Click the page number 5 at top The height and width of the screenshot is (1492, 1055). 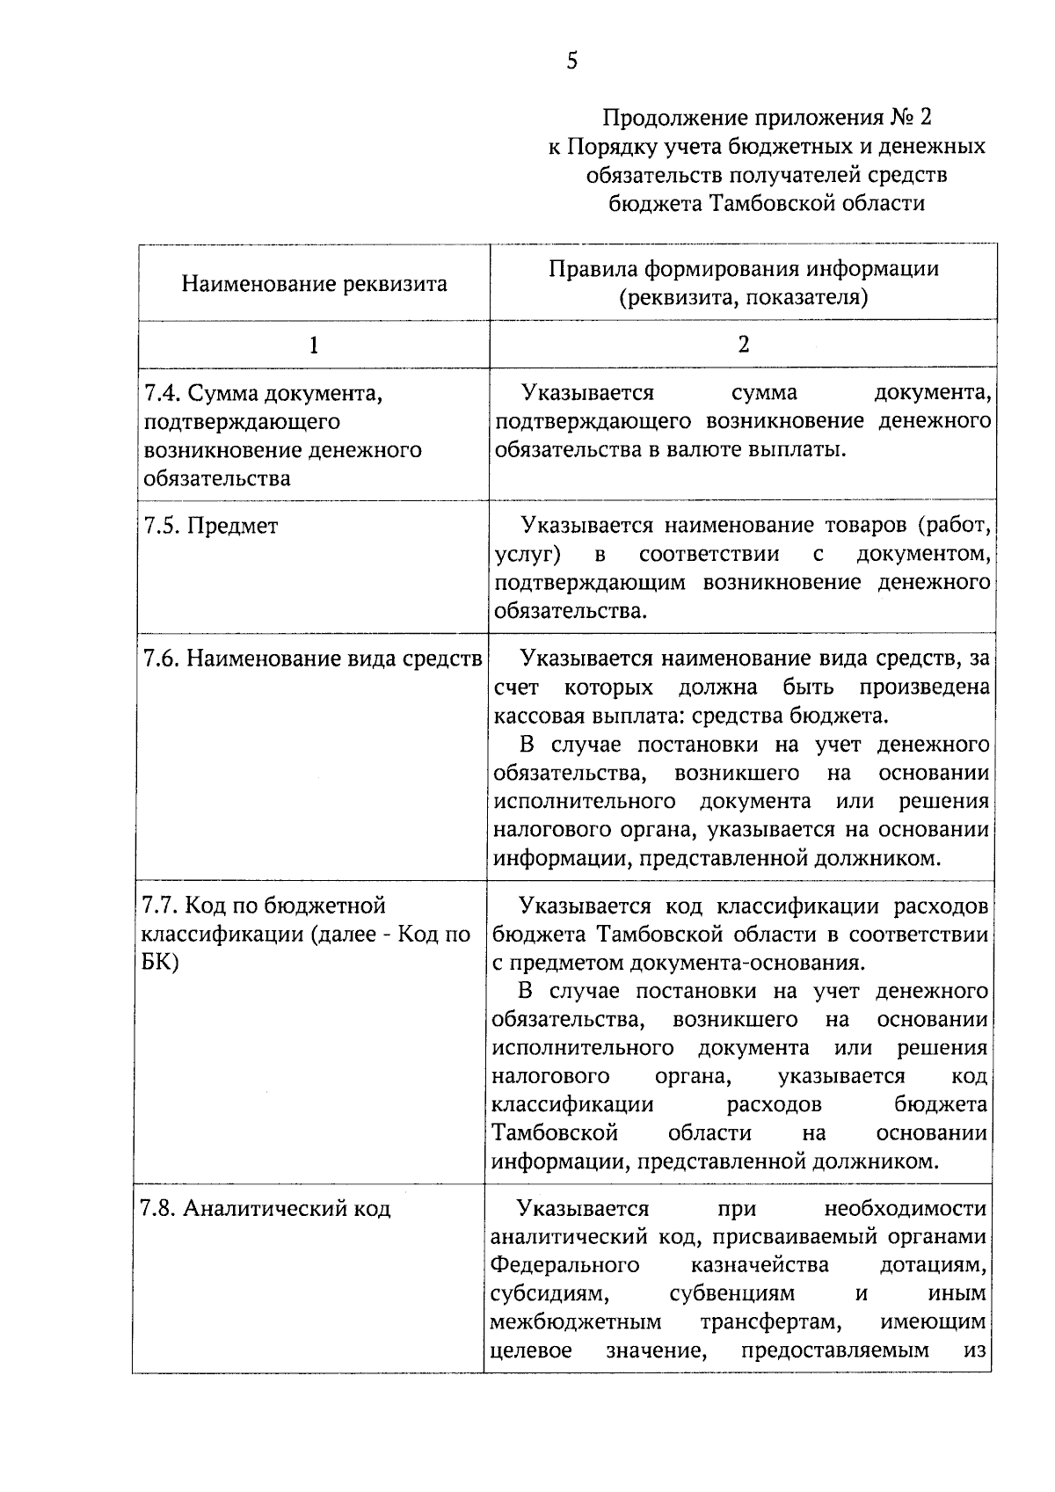pos(572,61)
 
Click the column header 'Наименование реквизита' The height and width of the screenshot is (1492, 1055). pos(314,284)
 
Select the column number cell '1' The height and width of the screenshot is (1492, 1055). pos(314,345)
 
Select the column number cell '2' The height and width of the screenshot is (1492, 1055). pos(744,345)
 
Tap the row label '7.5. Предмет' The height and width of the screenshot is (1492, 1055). pos(210,526)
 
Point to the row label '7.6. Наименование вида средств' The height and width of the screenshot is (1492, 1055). pos(312,659)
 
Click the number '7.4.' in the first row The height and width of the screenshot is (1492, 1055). pos(162,392)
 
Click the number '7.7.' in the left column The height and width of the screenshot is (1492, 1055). pos(160,905)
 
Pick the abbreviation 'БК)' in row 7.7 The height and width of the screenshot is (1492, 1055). pos(160,962)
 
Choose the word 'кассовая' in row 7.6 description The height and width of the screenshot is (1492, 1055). pos(536,715)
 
